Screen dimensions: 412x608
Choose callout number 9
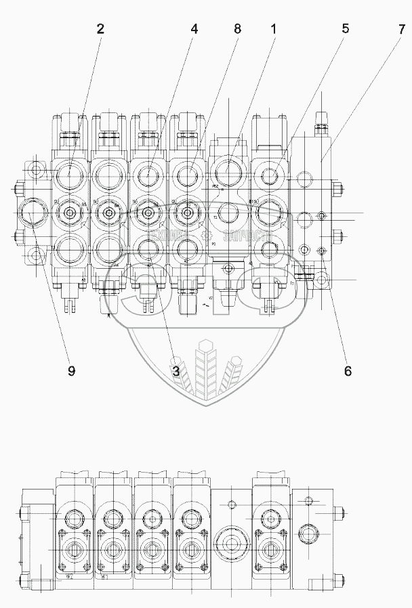point(70,370)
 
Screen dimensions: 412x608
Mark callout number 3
point(175,370)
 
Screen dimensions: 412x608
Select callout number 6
point(348,370)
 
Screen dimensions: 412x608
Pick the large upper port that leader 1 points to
point(229,166)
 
